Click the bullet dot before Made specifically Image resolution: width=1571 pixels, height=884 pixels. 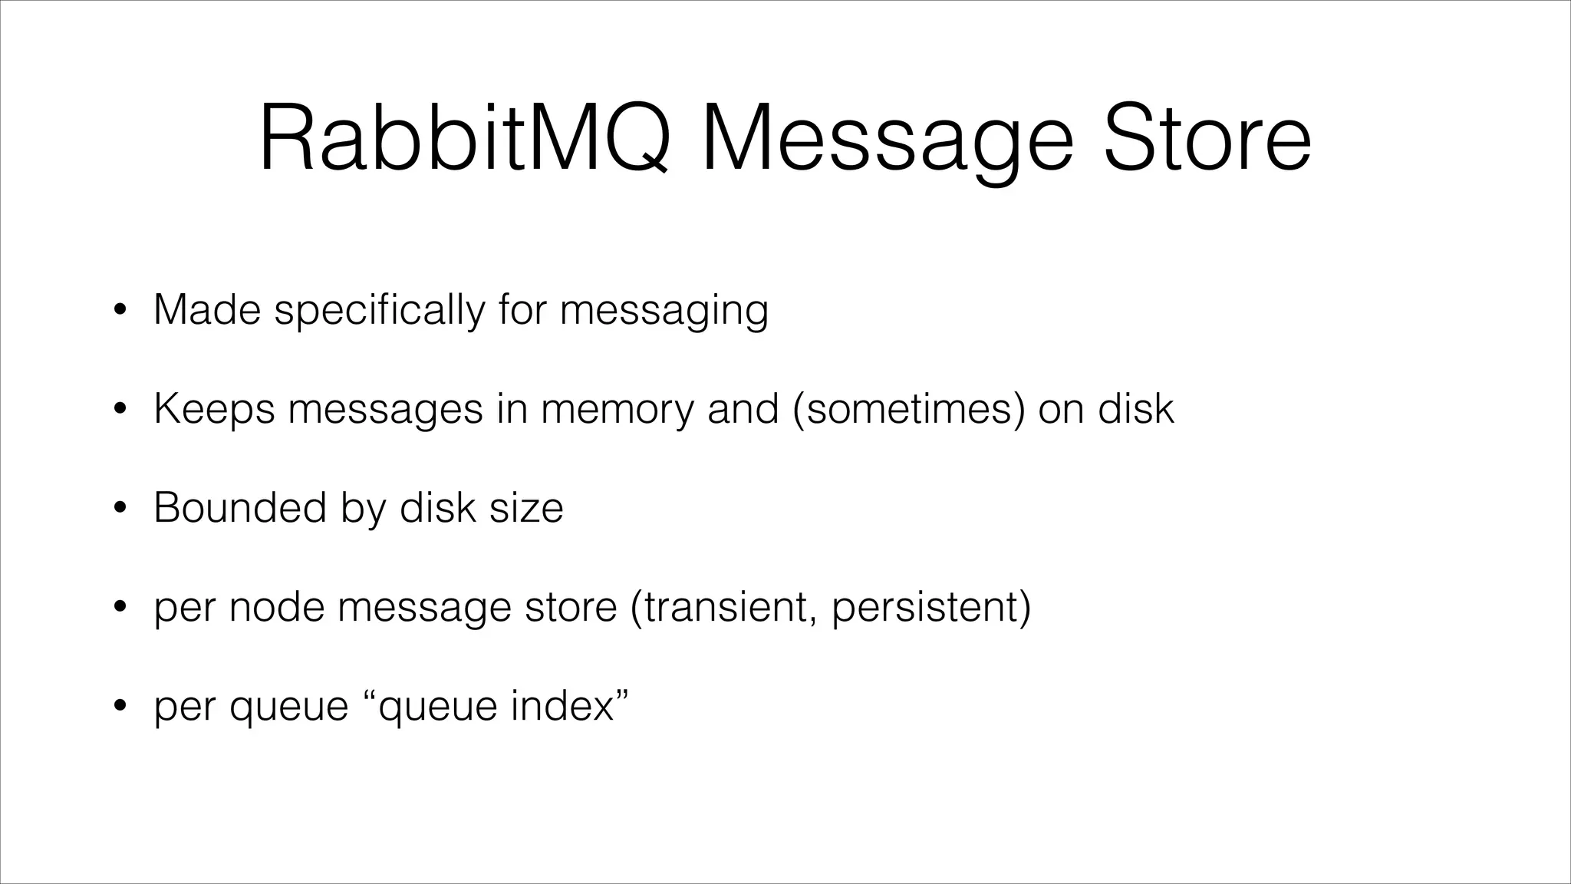[119, 311]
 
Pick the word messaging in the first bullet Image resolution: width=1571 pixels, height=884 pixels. [664, 311]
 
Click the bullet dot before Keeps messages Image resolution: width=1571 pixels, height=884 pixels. [119, 410]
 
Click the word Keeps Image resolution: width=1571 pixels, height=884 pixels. [214, 410]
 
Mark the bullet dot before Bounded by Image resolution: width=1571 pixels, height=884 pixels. [119, 509]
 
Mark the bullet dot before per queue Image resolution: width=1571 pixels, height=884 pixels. [119, 707]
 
